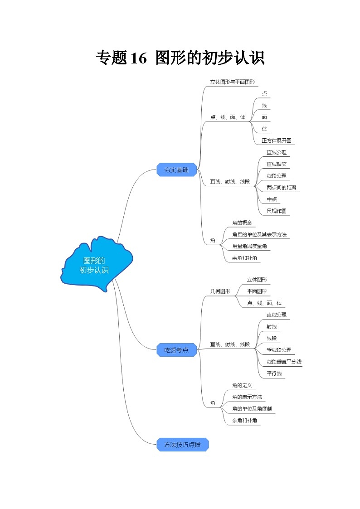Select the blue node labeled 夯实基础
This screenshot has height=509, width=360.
tap(176, 170)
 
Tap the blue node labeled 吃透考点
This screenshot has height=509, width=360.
tap(176, 349)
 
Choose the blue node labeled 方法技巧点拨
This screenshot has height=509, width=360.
tap(182, 445)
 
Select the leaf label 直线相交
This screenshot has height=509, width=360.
tap(276, 164)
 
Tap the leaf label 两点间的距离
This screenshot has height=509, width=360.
tap(282, 187)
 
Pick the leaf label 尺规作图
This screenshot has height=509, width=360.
tap(276, 211)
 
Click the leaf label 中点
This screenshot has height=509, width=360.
tap(272, 199)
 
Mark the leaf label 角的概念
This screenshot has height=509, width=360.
tap(241, 223)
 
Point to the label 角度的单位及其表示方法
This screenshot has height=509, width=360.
tap(258, 234)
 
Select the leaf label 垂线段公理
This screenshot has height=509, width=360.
tap(279, 350)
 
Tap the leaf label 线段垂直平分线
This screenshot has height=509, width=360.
tap(284, 362)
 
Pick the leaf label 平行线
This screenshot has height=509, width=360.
tap(274, 373)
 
